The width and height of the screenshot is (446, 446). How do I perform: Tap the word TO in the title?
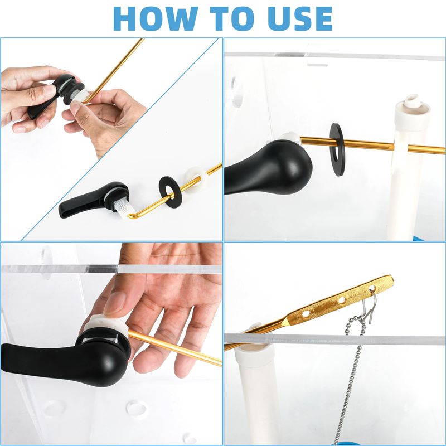(232, 18)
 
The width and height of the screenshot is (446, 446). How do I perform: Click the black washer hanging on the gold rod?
(337, 149)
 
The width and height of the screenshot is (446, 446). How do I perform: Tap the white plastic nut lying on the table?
(196, 180)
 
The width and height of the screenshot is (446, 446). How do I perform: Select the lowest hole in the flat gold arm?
(306, 314)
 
